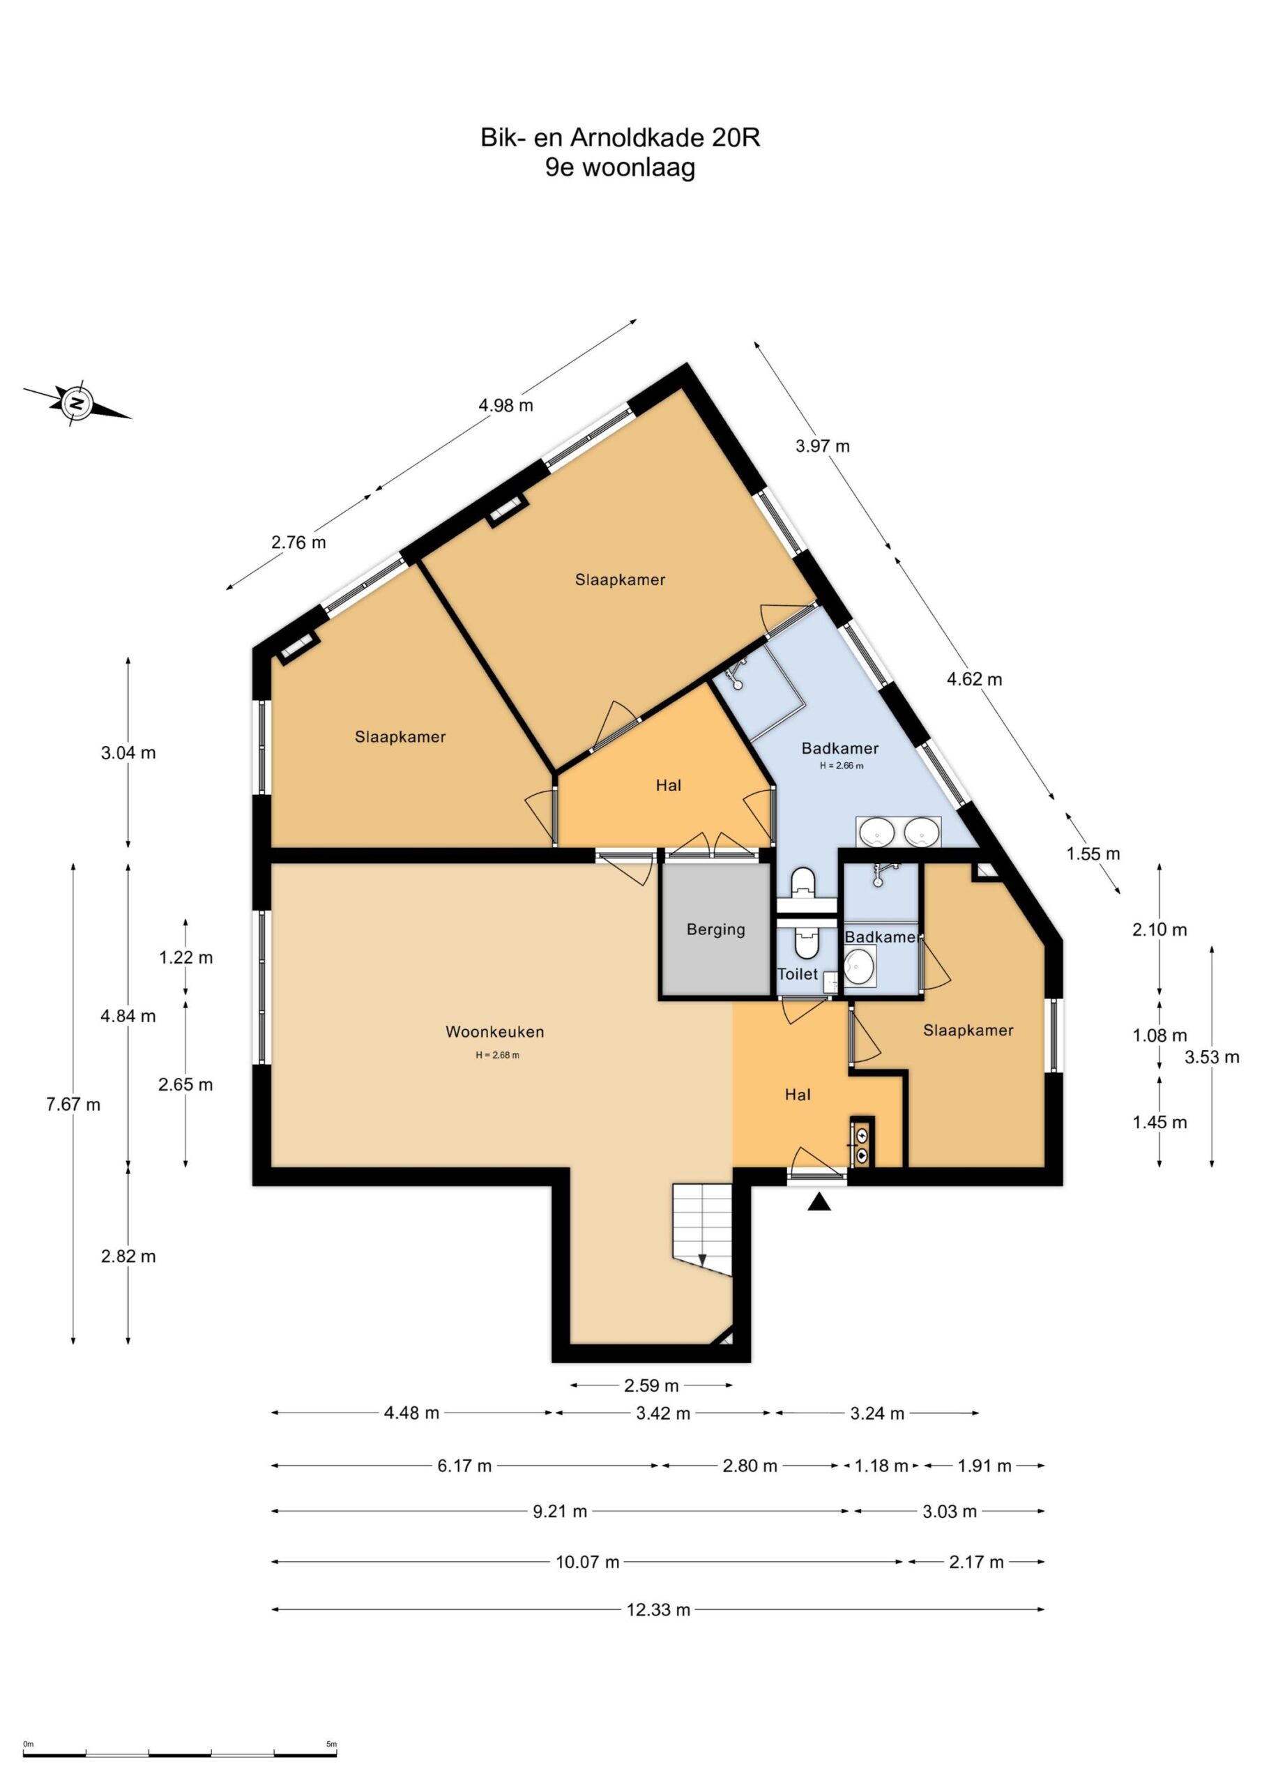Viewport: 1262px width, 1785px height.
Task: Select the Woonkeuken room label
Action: point(494,1032)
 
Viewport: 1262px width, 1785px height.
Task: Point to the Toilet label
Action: point(797,973)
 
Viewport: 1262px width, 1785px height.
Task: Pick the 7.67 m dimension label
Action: point(73,1104)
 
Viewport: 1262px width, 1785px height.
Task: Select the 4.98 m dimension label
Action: point(505,405)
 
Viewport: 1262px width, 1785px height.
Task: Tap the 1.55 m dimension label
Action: point(1093,853)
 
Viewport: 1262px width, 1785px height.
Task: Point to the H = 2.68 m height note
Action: point(497,1055)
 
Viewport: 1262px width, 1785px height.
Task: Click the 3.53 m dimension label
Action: point(1212,1056)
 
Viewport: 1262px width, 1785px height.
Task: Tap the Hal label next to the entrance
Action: point(798,1095)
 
